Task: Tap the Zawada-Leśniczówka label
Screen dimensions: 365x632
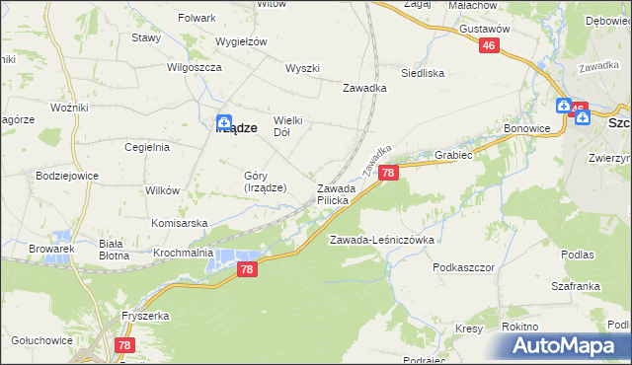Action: (382, 240)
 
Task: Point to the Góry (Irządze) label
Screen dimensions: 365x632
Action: (265, 182)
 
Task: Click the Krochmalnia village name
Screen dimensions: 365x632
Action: (184, 253)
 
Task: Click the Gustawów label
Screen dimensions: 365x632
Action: (484, 30)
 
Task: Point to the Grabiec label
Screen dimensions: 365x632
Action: (454, 155)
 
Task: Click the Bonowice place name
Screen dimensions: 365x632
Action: (526, 129)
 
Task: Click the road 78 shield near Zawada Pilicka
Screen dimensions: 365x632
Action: (388, 174)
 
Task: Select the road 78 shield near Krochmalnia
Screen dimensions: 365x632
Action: (248, 269)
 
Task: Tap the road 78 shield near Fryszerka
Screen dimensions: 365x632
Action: (123, 345)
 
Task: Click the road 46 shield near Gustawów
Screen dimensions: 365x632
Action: (491, 46)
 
